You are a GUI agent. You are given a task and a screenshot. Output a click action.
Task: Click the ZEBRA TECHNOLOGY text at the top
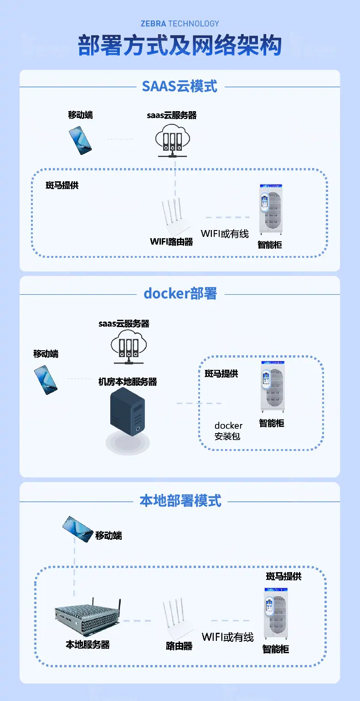click(x=180, y=24)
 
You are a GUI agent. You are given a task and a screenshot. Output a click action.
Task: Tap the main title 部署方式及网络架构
click(x=180, y=46)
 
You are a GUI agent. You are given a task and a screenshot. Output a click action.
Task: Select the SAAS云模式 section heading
click(x=180, y=87)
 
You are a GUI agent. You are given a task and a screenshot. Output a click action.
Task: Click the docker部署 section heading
click(x=180, y=293)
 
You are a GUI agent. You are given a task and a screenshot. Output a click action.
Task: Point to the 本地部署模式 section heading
click(x=180, y=501)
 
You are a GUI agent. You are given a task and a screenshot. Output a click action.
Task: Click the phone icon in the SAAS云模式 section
click(x=80, y=140)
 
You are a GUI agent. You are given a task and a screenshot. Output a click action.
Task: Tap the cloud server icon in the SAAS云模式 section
click(x=173, y=140)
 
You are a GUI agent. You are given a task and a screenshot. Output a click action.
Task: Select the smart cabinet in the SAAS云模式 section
click(x=271, y=210)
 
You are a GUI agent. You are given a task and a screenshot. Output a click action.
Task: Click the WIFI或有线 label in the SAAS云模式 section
click(x=225, y=234)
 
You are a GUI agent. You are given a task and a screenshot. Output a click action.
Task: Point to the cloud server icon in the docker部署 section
click(x=129, y=347)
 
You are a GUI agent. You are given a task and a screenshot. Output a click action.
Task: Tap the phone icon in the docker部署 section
click(x=46, y=380)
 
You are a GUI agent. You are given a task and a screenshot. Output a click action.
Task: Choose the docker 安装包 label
click(x=228, y=430)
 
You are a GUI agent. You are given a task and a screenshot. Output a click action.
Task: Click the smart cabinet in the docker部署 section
click(x=273, y=387)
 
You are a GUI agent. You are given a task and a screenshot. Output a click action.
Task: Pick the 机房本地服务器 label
click(x=128, y=382)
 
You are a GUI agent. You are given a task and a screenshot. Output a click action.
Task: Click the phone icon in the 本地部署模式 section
click(x=77, y=529)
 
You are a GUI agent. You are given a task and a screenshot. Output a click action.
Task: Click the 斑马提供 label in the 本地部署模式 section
click(x=283, y=577)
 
